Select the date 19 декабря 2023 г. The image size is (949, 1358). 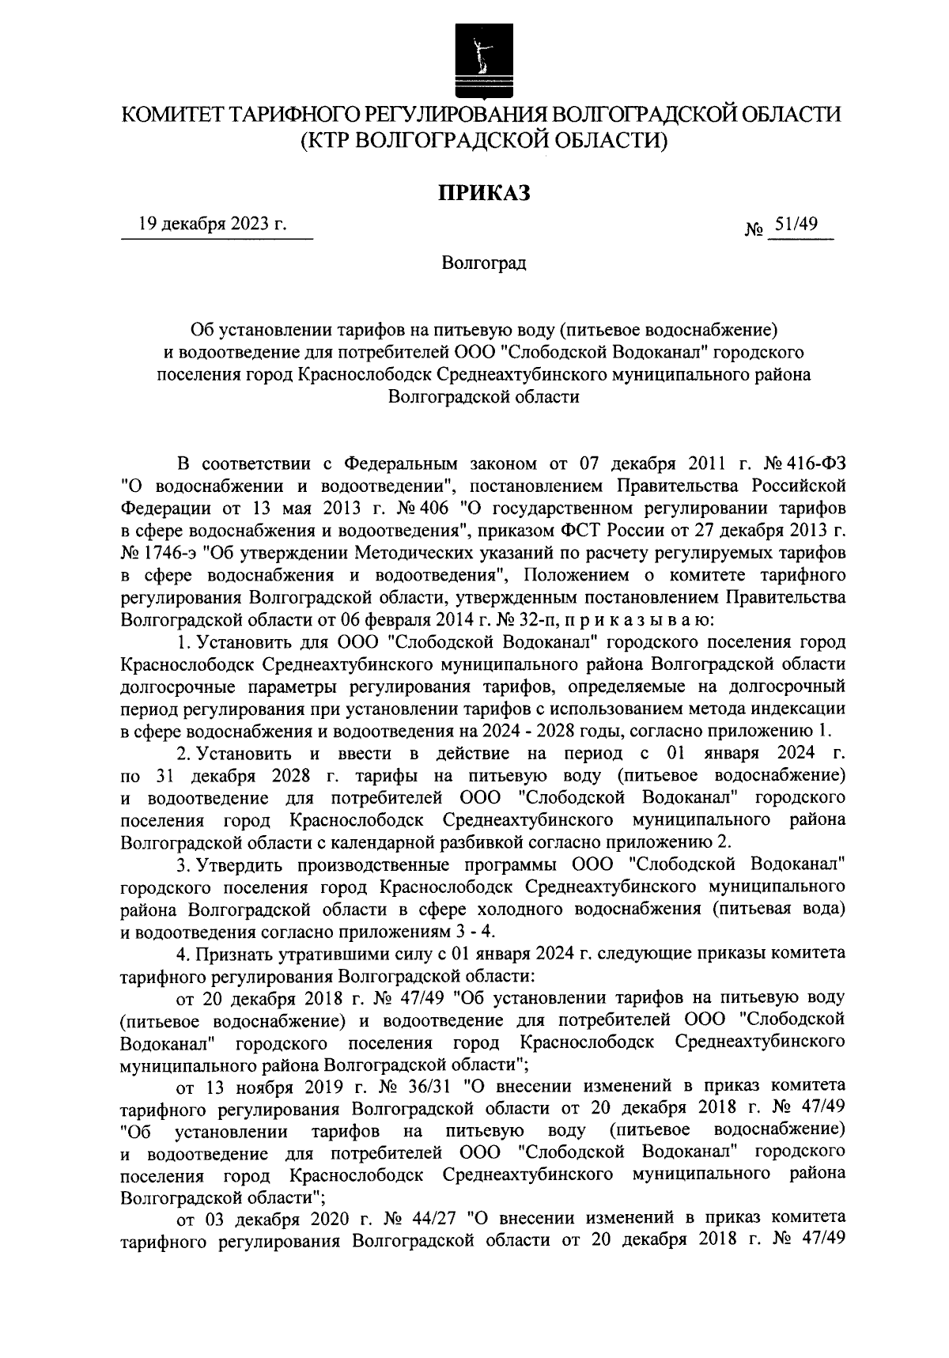coord(212,224)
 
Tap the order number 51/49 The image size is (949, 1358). coord(796,225)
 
